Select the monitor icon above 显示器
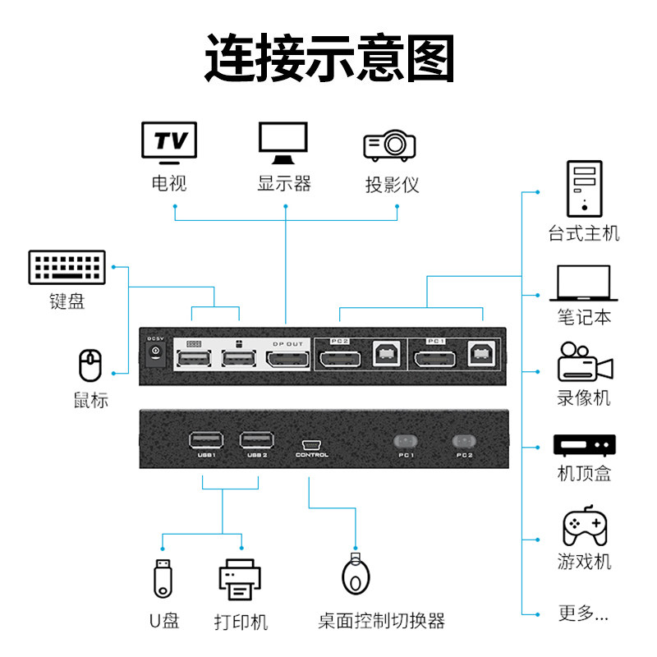(x=283, y=143)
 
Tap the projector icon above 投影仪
(x=389, y=145)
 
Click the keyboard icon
(x=66, y=268)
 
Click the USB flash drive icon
(x=163, y=577)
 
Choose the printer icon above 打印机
(x=240, y=580)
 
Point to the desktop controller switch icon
(x=355, y=574)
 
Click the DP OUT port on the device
(x=286, y=360)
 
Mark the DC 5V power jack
(x=154, y=354)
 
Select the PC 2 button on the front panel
(x=464, y=441)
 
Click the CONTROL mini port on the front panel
(x=311, y=442)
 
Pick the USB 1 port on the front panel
(x=205, y=439)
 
